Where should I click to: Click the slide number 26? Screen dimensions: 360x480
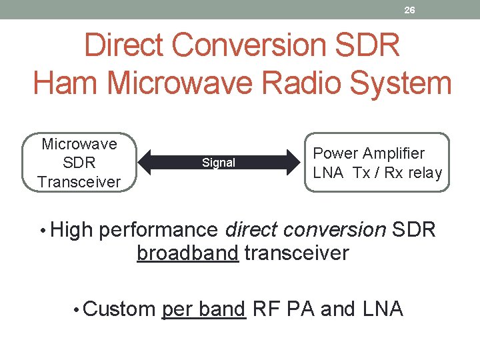click(409, 9)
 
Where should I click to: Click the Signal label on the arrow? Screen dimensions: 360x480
click(219, 163)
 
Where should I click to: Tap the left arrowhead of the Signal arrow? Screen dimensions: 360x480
click(146, 163)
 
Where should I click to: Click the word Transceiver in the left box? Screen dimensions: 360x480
click(79, 181)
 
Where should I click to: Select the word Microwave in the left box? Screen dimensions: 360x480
click(79, 144)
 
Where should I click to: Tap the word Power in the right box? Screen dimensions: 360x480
click(336, 153)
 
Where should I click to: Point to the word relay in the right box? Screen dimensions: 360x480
click(423, 173)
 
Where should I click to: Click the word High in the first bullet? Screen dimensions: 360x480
click(73, 230)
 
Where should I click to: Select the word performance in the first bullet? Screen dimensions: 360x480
click(159, 230)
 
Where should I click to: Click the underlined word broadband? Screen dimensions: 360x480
click(187, 253)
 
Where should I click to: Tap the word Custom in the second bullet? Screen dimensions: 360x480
click(119, 309)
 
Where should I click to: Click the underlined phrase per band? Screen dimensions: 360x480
click(204, 309)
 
